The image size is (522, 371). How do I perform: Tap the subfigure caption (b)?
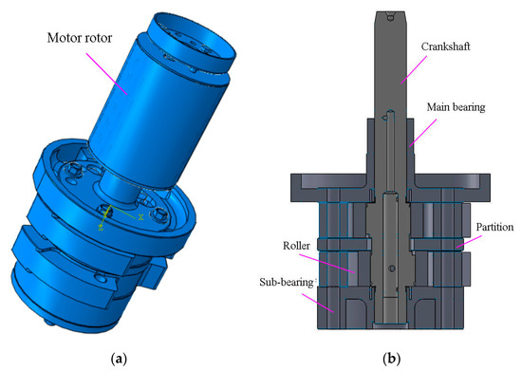(x=389, y=359)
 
